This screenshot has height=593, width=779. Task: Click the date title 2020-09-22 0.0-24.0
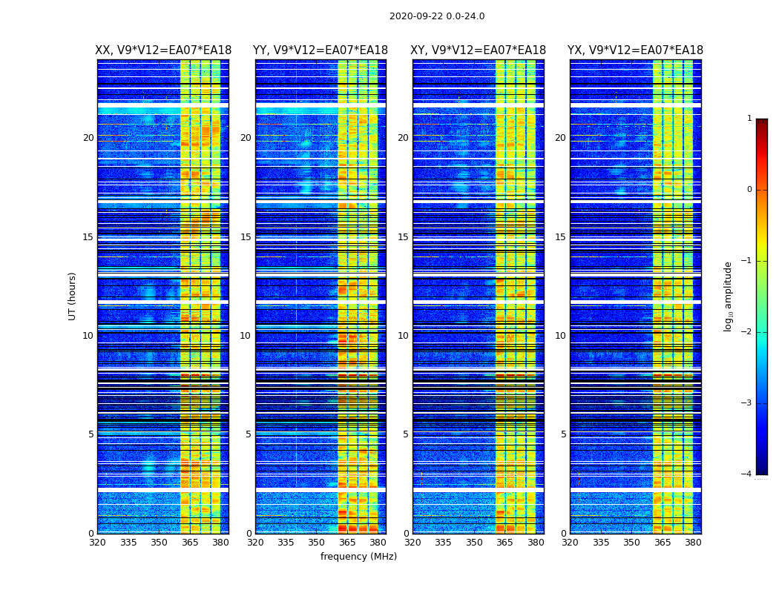point(437,16)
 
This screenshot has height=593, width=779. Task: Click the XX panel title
point(163,50)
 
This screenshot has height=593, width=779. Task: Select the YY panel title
point(321,50)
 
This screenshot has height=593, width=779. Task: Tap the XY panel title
point(479,50)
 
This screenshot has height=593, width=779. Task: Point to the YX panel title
point(635,50)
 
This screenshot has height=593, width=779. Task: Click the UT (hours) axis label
point(73,296)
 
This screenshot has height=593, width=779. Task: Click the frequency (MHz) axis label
point(358,557)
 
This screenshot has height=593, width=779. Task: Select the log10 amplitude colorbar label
point(729,296)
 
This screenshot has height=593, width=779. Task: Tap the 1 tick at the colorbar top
point(749,119)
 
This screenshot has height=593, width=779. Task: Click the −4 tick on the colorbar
point(746,474)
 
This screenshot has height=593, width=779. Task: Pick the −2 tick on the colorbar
point(746,333)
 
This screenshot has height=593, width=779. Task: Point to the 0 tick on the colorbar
point(749,190)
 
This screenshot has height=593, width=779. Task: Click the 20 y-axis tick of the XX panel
point(88,138)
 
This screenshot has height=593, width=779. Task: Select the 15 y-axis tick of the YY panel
point(246,237)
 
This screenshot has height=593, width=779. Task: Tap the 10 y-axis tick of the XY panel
point(403,336)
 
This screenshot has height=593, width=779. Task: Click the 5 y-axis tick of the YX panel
point(563,434)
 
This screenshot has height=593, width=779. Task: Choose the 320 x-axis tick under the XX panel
point(97,543)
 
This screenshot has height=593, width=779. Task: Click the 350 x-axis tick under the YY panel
point(317,543)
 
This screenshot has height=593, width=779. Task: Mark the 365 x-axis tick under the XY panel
point(504,543)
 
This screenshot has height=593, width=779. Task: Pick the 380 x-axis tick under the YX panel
point(693,543)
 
